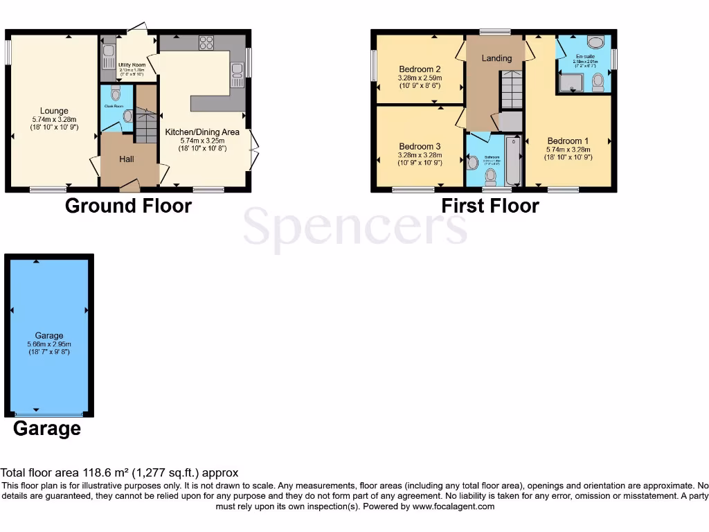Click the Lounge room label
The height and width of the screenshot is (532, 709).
pyautogui.click(x=54, y=111)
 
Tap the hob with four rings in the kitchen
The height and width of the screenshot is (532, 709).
pyautogui.click(x=206, y=43)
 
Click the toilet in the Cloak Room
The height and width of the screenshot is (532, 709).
pyautogui.click(x=115, y=93)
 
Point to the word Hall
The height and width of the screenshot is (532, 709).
pyautogui.click(x=126, y=159)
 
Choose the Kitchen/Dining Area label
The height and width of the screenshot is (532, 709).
pyautogui.click(x=201, y=132)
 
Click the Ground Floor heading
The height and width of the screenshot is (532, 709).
pyautogui.click(x=128, y=206)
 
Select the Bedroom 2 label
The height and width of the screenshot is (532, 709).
pyautogui.click(x=420, y=69)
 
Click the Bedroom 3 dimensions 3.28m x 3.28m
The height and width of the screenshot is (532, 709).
pyautogui.click(x=420, y=156)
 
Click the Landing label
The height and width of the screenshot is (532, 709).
pyautogui.click(x=496, y=58)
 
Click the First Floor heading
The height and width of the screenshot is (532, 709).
pyautogui.click(x=490, y=206)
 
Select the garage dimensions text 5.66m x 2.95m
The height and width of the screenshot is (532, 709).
pyautogui.click(x=49, y=344)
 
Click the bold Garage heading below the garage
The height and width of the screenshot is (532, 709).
pyautogui.click(x=47, y=429)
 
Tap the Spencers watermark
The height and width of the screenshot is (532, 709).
pyautogui.click(x=354, y=227)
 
